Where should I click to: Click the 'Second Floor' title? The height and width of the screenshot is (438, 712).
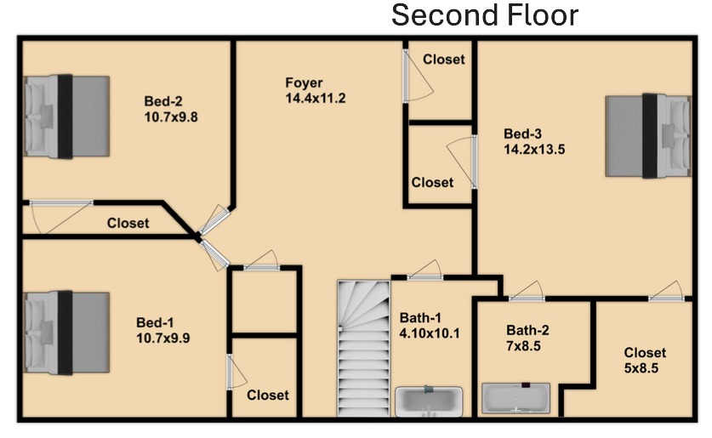(485, 15)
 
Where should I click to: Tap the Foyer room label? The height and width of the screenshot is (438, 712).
(304, 82)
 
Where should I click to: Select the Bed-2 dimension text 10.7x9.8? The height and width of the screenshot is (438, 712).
(171, 117)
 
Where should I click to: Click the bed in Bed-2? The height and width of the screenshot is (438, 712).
(66, 117)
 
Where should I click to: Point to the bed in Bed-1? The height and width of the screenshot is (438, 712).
(66, 333)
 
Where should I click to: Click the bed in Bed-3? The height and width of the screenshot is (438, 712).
(648, 136)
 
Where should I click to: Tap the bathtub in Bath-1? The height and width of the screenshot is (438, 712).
(429, 401)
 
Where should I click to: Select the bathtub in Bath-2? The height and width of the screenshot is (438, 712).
(516, 398)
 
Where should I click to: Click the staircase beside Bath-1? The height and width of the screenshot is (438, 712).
(363, 348)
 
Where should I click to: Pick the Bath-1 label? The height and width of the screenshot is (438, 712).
(420, 318)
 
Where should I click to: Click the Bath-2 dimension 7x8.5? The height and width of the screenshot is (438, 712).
(523, 346)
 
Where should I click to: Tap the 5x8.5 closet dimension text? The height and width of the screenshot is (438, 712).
(641, 368)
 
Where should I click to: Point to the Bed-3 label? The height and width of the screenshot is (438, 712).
(522, 134)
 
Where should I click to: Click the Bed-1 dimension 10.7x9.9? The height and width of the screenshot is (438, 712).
(163, 338)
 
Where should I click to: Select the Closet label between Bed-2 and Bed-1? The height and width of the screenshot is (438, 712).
(128, 223)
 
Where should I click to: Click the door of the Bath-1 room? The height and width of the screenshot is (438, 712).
(424, 271)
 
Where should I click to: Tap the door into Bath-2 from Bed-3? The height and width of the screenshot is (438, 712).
(527, 292)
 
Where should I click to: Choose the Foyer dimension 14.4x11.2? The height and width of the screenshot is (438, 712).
(316, 98)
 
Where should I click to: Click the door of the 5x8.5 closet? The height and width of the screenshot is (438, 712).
(666, 292)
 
